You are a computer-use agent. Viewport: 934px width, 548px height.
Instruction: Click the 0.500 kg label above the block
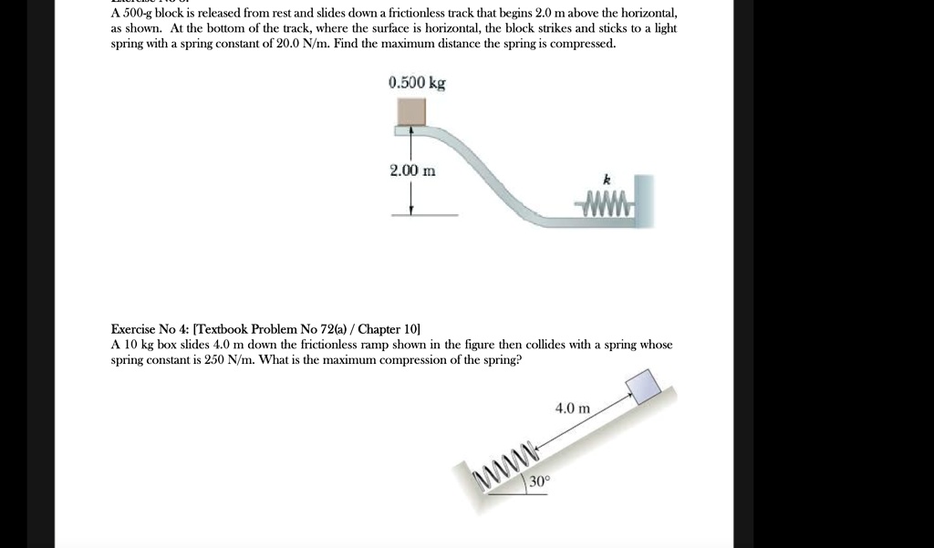pyautogui.click(x=417, y=83)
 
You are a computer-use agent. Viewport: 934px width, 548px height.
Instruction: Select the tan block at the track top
pyautogui.click(x=410, y=111)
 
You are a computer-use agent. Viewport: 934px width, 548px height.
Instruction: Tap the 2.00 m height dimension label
pyautogui.click(x=412, y=171)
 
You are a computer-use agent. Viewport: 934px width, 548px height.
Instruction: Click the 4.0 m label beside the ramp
pyautogui.click(x=573, y=408)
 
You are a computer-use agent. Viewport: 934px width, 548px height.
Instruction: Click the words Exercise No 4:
pyautogui.click(x=150, y=328)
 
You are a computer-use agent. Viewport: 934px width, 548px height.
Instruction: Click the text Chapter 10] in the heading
pyautogui.click(x=389, y=328)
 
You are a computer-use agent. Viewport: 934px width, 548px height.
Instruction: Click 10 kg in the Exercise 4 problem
pyautogui.click(x=139, y=344)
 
